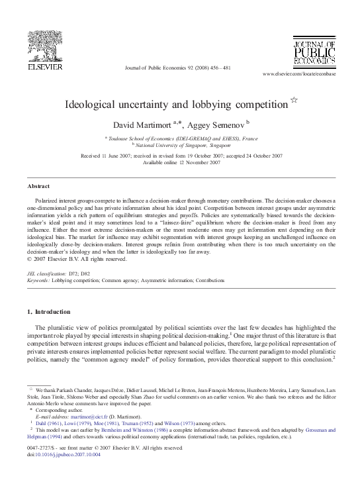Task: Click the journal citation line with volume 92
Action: pos(179,69)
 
